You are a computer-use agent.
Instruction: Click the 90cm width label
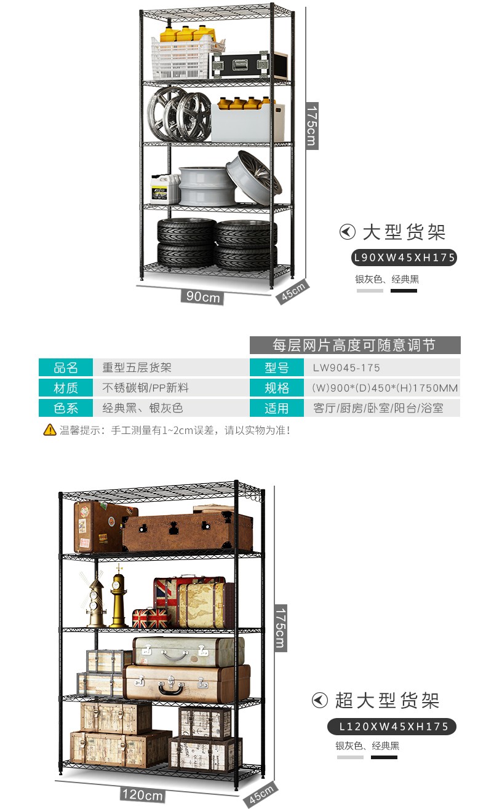point(203,296)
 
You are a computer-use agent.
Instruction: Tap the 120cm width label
point(143,794)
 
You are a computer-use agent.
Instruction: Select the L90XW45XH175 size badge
point(404,258)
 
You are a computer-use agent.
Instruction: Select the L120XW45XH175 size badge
point(391,726)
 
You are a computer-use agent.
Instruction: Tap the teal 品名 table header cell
point(66,368)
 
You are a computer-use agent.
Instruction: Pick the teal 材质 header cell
point(66,388)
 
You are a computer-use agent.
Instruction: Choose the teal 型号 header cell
point(277,368)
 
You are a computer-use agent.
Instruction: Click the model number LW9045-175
point(346,368)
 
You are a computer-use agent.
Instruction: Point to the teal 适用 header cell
point(277,408)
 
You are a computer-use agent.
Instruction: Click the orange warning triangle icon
point(49,430)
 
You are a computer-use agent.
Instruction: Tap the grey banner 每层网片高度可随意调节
point(354,345)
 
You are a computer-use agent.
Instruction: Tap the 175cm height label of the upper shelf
point(312,126)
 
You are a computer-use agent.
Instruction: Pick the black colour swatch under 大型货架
point(404,290)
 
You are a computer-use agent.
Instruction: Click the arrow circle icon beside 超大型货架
point(319,700)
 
